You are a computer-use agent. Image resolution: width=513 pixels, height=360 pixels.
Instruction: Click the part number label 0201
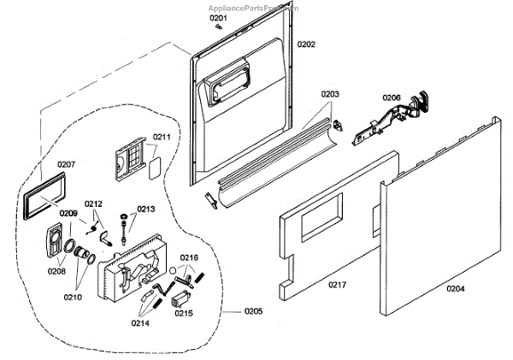219,17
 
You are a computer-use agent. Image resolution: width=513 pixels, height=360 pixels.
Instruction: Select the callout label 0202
306,44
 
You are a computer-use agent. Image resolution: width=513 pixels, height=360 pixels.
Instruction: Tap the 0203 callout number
330,94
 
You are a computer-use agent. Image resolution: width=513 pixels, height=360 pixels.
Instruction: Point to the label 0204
456,289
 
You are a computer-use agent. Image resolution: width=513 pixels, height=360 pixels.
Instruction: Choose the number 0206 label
391,98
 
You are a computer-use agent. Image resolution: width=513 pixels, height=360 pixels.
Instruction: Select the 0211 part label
162,137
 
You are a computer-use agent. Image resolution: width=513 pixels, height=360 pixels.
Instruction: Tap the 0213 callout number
146,209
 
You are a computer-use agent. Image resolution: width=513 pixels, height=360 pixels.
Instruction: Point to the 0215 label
183,314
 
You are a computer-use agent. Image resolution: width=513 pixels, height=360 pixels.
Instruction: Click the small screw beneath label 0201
219,27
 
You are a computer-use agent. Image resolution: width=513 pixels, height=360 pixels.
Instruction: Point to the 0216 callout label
188,257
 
